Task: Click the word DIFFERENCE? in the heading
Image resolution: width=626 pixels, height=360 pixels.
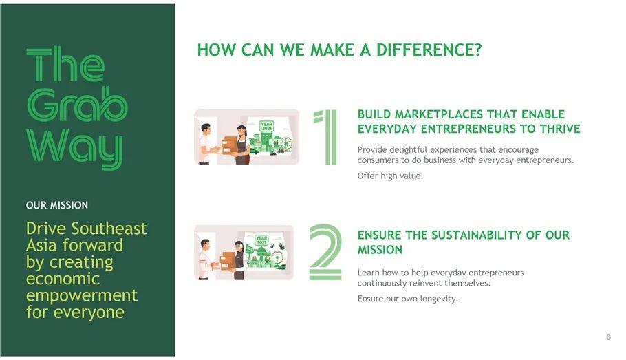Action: pos(429,50)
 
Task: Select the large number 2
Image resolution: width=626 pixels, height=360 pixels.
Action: pos(325,252)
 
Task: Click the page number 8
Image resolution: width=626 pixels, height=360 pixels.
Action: pos(608,337)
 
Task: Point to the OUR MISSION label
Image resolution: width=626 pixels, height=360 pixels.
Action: pos(56,205)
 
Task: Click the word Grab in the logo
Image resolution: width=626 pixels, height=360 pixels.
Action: pos(77,104)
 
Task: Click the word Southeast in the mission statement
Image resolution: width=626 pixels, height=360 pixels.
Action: pos(109,229)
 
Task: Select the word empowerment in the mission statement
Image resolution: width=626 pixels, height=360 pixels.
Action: pos(82,296)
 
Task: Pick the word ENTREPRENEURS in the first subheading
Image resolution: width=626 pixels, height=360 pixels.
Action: pos(468,129)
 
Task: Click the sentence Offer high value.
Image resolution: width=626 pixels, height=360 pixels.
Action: pos(390,176)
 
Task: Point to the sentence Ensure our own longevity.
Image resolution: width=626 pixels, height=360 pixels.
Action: pos(408,299)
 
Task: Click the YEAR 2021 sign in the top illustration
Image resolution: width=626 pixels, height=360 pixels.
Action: pos(266,126)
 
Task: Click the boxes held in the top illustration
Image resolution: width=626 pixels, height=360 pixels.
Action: pos(230,145)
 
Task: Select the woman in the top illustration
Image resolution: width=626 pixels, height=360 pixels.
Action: pos(241,145)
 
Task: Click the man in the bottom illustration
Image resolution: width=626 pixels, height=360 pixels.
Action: pos(205,260)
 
